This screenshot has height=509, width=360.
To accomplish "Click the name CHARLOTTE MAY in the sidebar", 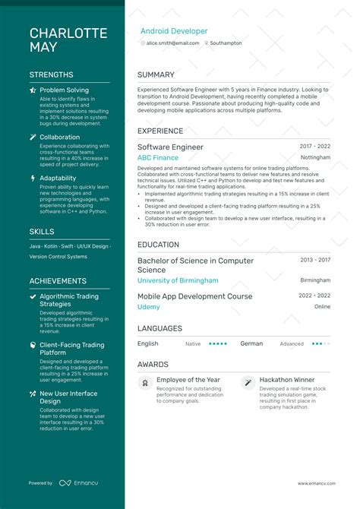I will coord(68,40).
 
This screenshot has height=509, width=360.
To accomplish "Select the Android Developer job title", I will coord(174,31).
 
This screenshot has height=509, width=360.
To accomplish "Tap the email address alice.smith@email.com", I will coord(172,43).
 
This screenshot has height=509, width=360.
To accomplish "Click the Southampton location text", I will coord(226,43).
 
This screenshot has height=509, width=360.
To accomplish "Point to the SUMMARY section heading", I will coord(156,75).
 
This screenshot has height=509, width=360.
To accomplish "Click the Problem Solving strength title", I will coord(64,90).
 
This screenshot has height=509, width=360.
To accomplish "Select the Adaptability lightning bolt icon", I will coord(33,179).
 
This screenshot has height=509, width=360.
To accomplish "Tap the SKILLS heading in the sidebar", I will coord(42,231).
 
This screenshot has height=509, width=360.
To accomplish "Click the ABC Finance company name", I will coord(158,157).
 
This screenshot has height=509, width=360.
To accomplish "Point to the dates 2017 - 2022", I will coord(314,146).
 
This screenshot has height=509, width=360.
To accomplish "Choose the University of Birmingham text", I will coord(178,280).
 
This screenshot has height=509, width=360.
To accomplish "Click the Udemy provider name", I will coord(148,307).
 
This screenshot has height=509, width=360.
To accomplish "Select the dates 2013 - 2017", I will coord(314,259).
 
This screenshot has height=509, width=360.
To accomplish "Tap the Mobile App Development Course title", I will coord(194,296).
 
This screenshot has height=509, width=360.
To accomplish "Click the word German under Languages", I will coord(251,343).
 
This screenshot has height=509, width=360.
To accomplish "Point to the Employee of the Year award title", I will coord(188,380).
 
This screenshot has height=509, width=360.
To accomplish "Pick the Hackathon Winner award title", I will coord(287,380).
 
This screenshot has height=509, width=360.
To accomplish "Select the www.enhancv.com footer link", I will coord(314,483).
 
